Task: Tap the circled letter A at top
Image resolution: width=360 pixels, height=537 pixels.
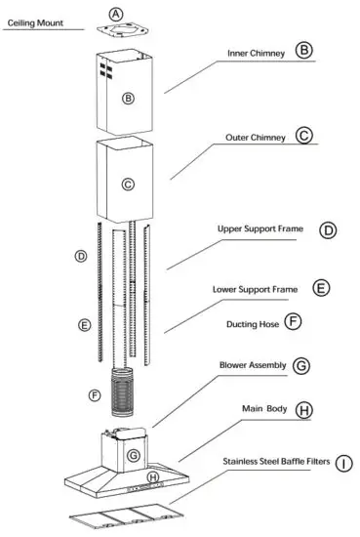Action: [117, 14]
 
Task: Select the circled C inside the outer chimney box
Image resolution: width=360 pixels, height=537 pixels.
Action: [126, 184]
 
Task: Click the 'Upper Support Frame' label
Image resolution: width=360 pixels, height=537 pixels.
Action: [260, 229]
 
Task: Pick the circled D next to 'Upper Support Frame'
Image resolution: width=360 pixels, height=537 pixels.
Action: [329, 230]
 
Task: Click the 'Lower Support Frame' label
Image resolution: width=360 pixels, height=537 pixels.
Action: [256, 290]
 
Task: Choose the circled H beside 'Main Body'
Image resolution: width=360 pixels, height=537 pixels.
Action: [305, 410]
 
